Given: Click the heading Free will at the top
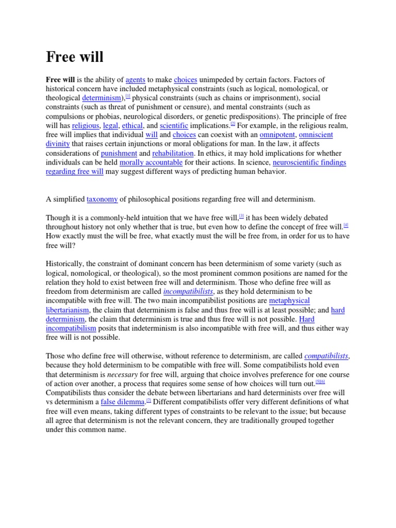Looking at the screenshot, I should pyautogui.click(x=75, y=57).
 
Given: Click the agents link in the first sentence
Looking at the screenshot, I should pyautogui.click(x=136, y=80).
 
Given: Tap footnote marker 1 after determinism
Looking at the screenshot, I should pyautogui.click(x=128, y=96).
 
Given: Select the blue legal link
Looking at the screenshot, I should pyautogui.click(x=110, y=125).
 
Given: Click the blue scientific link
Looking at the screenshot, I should pyautogui.click(x=174, y=125).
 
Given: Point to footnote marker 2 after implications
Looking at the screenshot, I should pyautogui.click(x=233, y=124).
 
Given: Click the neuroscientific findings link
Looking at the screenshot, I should pyautogui.click(x=309, y=163).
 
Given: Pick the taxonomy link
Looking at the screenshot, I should pyautogui.click(x=102, y=199).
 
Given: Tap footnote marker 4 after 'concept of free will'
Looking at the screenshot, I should pyautogui.click(x=346, y=225).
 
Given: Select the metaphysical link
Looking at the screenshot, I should pyautogui.click(x=289, y=301).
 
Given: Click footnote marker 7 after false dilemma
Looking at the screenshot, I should pyautogui.click(x=148, y=400).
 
